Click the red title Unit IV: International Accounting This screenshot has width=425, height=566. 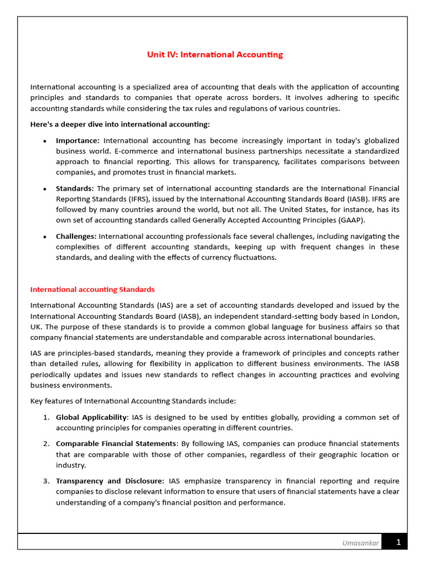[x=215, y=55]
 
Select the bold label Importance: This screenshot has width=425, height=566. [x=77, y=141]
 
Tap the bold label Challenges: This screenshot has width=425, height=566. [x=76, y=237]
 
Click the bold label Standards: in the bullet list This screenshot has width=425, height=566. [x=75, y=189]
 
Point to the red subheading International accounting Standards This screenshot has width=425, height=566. [x=92, y=290]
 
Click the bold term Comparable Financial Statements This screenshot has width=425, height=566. [x=116, y=444]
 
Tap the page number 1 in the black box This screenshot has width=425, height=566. [x=398, y=543]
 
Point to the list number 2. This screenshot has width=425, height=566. [x=46, y=444]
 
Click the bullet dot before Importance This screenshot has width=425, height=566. [x=44, y=141]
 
